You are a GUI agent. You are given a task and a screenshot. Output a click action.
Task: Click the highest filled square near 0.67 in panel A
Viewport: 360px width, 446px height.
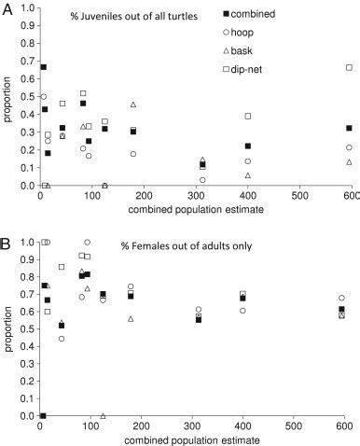[43, 67]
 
